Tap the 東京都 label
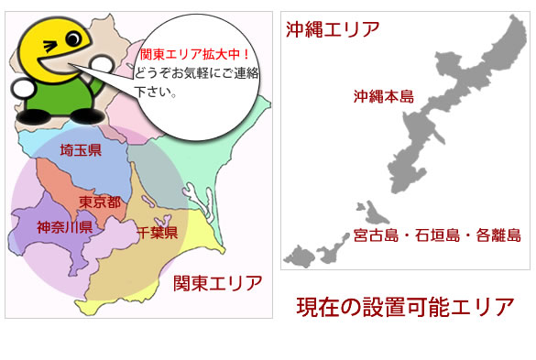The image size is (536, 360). coord(100,202)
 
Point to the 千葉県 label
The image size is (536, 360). coord(158,233)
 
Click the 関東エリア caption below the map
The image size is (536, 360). coord(218,281)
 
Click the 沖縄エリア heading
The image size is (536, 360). coord(332,28)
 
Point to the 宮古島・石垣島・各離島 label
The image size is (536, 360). coord(437,236)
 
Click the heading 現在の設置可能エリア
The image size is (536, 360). coord(405,307)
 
